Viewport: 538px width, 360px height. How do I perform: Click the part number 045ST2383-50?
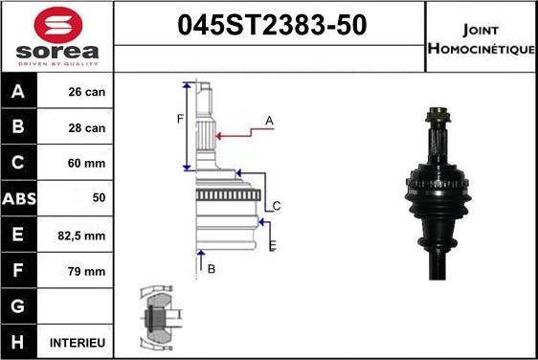coord(270,27)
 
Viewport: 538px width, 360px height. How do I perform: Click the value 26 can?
coord(87,93)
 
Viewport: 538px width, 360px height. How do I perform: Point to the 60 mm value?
coord(87,164)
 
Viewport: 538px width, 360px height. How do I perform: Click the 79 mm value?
coord(87,271)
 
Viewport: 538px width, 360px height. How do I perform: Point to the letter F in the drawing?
coord(179,119)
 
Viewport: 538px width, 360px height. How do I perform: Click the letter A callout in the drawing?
coord(269,120)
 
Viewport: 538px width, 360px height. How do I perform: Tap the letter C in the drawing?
coord(276,206)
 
